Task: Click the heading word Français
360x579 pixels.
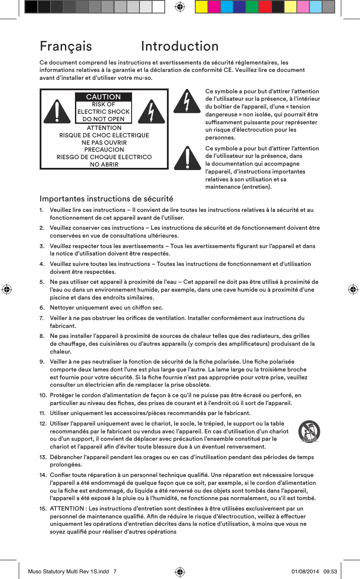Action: point(66,46)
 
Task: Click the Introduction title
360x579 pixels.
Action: point(180,46)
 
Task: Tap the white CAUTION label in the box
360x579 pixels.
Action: point(103,97)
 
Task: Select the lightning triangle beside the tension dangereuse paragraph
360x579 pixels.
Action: point(187,102)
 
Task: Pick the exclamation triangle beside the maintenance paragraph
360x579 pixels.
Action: point(187,158)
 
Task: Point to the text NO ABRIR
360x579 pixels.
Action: point(104,164)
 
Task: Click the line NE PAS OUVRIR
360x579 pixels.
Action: point(104,143)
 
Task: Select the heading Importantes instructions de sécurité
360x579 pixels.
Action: point(106,199)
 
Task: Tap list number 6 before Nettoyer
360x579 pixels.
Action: point(41,308)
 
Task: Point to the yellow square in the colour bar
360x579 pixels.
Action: point(201,7)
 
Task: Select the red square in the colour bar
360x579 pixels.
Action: point(265,7)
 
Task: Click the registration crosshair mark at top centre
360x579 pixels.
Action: point(180,7)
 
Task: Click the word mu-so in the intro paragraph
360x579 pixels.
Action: point(143,78)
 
